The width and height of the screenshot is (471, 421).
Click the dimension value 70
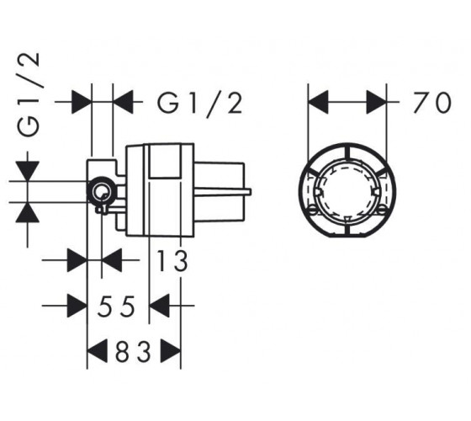coord(432,103)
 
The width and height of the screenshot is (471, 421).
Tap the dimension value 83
coord(133,351)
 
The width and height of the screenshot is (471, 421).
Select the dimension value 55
coord(116,306)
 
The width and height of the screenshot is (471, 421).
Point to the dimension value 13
coord(172,260)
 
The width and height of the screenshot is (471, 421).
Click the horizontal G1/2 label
coord(200,103)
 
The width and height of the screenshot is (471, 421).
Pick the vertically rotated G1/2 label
coord(29,94)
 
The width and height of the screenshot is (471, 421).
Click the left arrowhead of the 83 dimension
coord(97,351)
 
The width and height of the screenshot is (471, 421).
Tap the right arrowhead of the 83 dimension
coord(171,351)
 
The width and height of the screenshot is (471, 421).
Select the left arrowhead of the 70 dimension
coord(318,103)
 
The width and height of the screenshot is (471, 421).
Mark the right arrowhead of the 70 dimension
coord(377,103)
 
